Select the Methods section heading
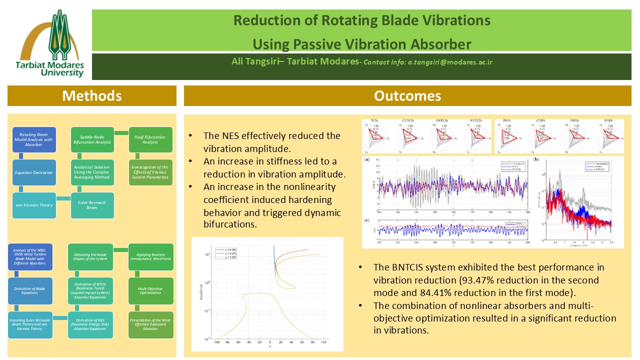(x=91, y=95)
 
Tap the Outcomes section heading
(x=407, y=95)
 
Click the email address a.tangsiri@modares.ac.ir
(x=450, y=62)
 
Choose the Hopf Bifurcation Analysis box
(x=150, y=139)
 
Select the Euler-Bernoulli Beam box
(x=92, y=205)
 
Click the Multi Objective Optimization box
(x=150, y=289)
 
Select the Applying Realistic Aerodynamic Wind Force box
(x=150, y=256)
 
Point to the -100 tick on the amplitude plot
(x=217, y=342)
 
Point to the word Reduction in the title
(x=263, y=20)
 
